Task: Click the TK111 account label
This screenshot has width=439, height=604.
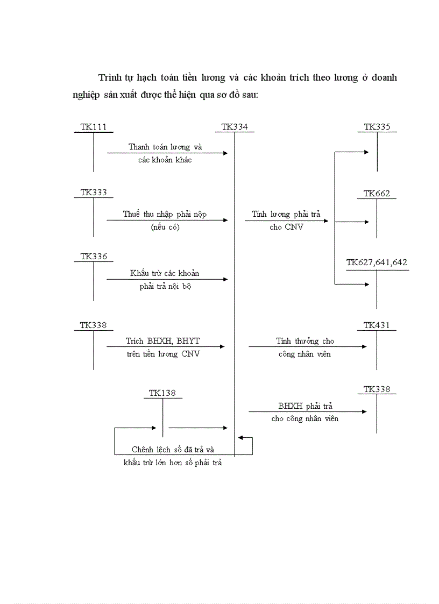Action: pos(94,127)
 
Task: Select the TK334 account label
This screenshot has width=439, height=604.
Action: pos(235,127)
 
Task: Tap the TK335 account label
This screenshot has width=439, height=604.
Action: pos(377,127)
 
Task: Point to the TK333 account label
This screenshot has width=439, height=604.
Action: pos(94,193)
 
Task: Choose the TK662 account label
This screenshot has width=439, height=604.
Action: pos(377,194)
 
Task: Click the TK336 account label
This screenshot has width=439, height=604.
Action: pos(94,257)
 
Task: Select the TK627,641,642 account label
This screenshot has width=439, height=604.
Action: pos(377,262)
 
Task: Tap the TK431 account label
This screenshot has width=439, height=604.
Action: pos(377,325)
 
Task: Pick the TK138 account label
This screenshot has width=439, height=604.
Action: pos(162,393)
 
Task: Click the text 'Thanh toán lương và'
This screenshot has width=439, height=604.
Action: pos(165,147)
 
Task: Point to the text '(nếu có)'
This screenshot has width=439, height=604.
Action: pos(165,227)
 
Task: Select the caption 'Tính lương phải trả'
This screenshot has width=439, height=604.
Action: pos(286,214)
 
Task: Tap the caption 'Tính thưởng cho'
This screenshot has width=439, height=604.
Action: pos(305,341)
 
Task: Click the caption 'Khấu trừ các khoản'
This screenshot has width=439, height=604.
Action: pos(165,273)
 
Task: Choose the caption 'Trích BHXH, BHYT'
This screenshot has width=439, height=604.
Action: pos(162,341)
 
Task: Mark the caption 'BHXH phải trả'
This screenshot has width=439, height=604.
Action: pos(305,407)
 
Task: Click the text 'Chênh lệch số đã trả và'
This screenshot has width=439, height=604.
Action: pos(173,450)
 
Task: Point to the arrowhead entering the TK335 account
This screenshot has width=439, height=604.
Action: pos(366,152)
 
